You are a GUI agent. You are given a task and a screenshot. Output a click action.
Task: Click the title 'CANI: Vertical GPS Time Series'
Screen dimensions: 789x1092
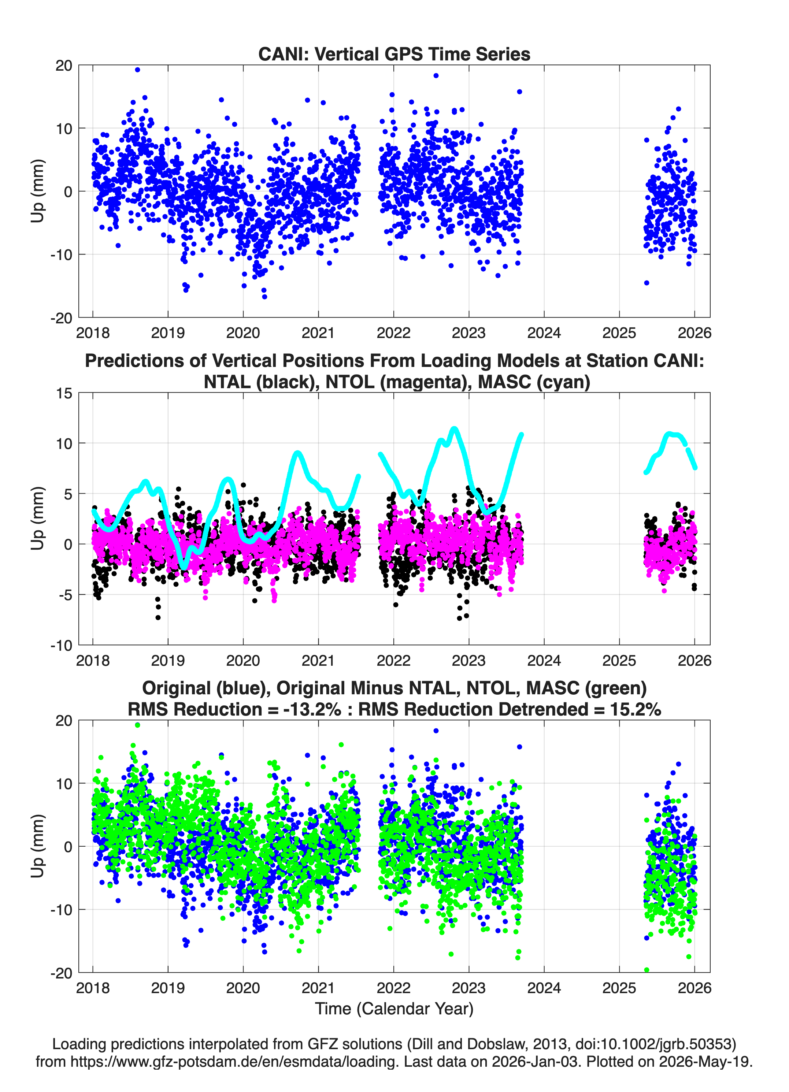coord(394,54)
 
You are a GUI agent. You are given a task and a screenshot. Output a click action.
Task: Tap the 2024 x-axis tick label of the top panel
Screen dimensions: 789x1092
coord(544,333)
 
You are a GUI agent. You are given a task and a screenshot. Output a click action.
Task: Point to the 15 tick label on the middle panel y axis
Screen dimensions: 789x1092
coord(64,393)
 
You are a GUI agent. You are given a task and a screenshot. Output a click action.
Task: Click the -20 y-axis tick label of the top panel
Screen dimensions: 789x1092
coord(61,318)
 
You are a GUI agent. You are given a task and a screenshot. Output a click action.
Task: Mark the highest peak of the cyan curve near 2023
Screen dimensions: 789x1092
coord(454,428)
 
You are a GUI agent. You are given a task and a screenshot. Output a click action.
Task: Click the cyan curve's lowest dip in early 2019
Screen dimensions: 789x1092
coord(184,567)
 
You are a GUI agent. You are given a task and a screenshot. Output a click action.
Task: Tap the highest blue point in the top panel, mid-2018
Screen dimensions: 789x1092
coord(137,70)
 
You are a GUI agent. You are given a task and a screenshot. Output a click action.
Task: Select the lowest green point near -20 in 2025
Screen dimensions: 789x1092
coord(647,970)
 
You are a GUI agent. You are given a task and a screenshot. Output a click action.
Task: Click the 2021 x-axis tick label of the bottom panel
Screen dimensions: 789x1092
coord(318,988)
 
